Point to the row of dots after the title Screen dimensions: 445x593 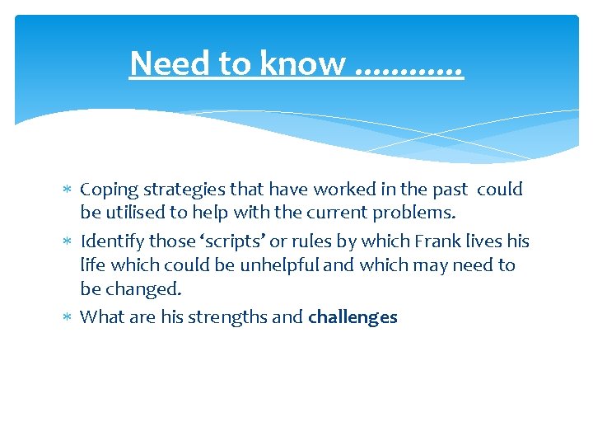pos(409,70)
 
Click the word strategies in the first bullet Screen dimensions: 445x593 pos(178,190)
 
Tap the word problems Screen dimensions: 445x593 pos(413,213)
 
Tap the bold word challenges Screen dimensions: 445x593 pos(353,317)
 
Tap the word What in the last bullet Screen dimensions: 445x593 pos(100,317)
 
